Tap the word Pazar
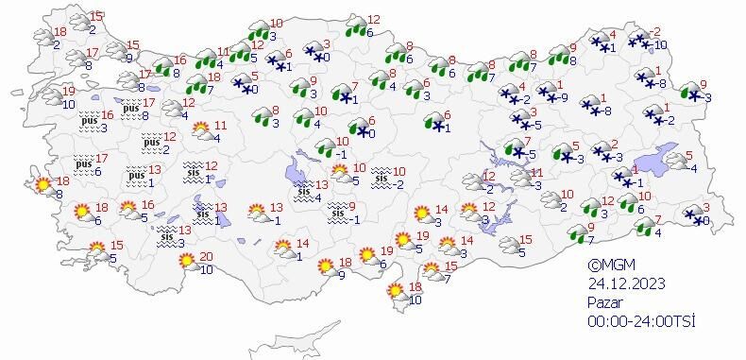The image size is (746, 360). pos(605,302)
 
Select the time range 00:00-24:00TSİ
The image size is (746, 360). pos(641,321)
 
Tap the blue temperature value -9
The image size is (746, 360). pos(562,97)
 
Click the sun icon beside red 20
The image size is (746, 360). pos(187,261)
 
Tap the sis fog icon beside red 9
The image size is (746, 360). pos(337,214)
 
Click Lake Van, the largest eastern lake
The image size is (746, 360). pos(661,158)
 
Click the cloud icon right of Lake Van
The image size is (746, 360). pos(677,162)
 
